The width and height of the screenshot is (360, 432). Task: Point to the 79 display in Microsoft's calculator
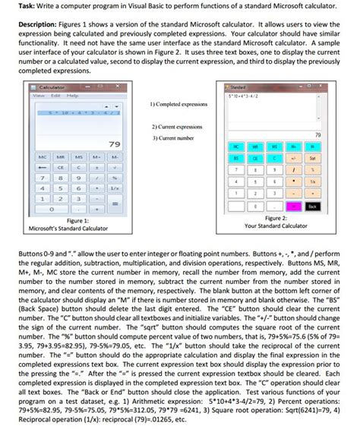115,143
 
